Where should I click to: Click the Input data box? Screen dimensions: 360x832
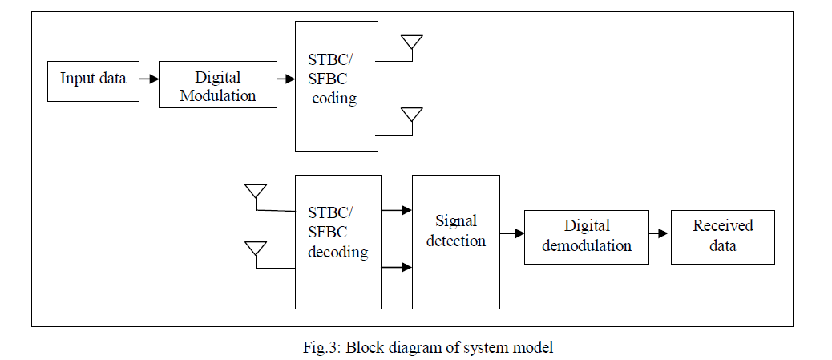pos(93,79)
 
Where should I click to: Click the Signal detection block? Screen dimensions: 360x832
pos(455,241)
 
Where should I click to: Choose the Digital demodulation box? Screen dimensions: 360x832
pos(587,237)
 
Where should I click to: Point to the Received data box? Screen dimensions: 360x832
pos(723,237)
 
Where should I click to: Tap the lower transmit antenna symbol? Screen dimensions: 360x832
pos(412,115)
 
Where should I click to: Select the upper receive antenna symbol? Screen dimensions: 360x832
pos(256,192)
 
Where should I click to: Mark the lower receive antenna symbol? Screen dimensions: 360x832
pos(256,249)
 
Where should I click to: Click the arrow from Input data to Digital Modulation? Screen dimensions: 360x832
pos(148,79)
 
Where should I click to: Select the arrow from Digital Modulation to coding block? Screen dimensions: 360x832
pos(286,79)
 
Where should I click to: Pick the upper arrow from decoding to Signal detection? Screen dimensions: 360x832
pos(396,211)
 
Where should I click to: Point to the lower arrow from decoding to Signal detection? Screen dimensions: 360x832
pos(396,268)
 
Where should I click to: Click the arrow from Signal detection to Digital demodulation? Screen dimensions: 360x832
pos(511,235)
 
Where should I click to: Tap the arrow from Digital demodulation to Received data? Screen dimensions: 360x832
pos(659,234)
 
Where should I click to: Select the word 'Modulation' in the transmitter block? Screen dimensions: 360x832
pos(218,95)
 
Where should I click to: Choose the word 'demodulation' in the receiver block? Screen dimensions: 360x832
pos(587,245)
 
